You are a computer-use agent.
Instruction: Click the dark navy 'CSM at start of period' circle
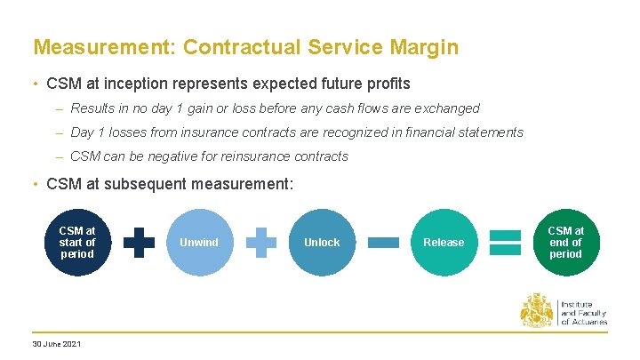coord(77,242)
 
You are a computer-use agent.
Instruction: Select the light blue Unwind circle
coord(199,242)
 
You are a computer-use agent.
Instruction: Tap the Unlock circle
coord(322,242)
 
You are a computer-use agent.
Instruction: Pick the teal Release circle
coord(444,242)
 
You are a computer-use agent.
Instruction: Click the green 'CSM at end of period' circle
coord(565,242)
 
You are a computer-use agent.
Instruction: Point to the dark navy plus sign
coord(139,242)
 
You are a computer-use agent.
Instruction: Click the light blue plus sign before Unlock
coord(260,242)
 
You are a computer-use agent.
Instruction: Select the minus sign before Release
coord(383,242)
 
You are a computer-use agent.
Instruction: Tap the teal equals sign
coord(505,242)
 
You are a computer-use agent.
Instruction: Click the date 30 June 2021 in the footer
coord(56,344)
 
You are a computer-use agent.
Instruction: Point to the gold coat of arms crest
coord(537,310)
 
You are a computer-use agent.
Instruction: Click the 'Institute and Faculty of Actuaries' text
coord(583,311)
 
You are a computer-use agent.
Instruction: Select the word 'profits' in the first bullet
coord(385,84)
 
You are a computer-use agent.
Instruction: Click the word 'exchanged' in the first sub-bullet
coord(447,108)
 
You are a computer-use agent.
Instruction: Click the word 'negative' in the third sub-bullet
coord(160,156)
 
